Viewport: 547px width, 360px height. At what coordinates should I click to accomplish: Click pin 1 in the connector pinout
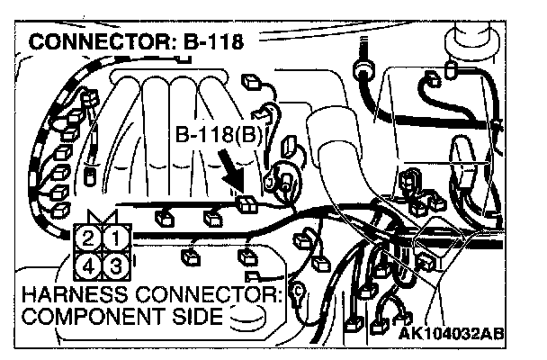pyautogui.click(x=114, y=239)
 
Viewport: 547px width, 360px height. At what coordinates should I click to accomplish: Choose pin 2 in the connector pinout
pyautogui.click(x=87, y=239)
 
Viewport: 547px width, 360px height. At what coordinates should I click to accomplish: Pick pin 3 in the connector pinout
pyautogui.click(x=114, y=265)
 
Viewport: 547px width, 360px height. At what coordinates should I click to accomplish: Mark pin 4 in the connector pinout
pyautogui.click(x=87, y=265)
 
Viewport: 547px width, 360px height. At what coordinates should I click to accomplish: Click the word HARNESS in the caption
pyautogui.click(x=67, y=294)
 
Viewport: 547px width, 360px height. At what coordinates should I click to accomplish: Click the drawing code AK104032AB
pyautogui.click(x=451, y=333)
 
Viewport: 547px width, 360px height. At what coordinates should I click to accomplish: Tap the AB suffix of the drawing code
pyautogui.click(x=491, y=333)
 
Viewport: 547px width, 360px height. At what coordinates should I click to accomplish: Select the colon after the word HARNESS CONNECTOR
pyautogui.click(x=279, y=294)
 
